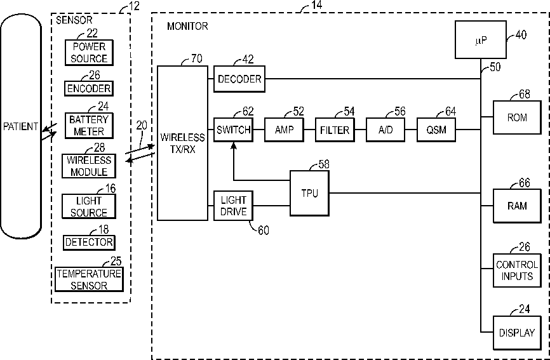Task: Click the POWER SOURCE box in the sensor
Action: pyautogui.click(x=90, y=52)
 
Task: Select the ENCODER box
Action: pyautogui.click(x=89, y=88)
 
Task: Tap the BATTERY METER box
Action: pyautogui.click(x=89, y=125)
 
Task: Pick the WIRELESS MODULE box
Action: pyautogui.click(x=89, y=166)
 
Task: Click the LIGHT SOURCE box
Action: pyautogui.click(x=89, y=206)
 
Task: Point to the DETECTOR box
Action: pyautogui.click(x=89, y=242)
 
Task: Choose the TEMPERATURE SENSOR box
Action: pyautogui.click(x=89, y=279)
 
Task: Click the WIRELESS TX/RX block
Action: pyautogui.click(x=182, y=142)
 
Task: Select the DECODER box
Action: pyautogui.click(x=239, y=79)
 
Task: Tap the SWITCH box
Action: pyautogui.click(x=233, y=130)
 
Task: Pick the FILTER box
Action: pyautogui.click(x=335, y=130)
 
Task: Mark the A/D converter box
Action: pyautogui.click(x=386, y=130)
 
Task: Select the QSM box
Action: pyautogui.click(x=436, y=130)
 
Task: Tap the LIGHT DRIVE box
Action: pyautogui.click(x=233, y=205)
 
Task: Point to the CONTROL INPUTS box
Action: pyautogui.click(x=517, y=270)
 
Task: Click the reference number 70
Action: pyautogui.click(x=196, y=59)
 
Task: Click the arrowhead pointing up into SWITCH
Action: pyautogui.click(x=233, y=145)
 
